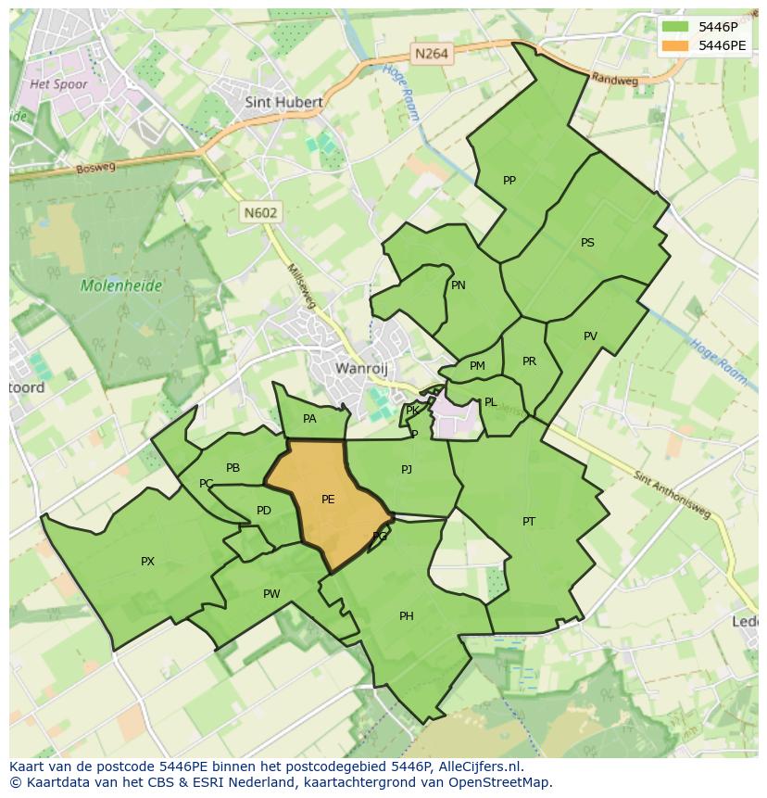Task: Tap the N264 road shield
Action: pos(432,54)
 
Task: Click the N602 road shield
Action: pos(261,212)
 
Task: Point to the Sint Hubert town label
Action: pos(283,102)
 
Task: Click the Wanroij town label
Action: pos(359,368)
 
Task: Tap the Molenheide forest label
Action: pos(121,285)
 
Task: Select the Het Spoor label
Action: pos(58,84)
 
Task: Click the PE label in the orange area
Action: pos(328,500)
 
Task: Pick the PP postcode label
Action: pos(509,181)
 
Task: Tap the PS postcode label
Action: pos(587,243)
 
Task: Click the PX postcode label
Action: pos(147,562)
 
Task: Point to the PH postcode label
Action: pos(406,616)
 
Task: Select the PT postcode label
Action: pos(528,522)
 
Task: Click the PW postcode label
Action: pos(271,594)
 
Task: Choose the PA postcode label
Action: pos(309,419)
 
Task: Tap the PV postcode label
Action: pos(590,336)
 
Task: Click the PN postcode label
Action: pos(459,285)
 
